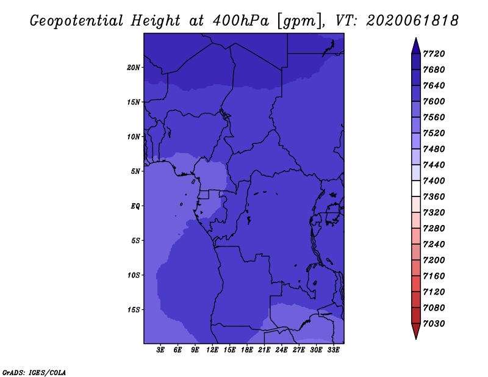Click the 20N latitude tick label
pyautogui.click(x=133, y=68)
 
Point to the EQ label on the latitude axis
pyautogui.click(x=135, y=206)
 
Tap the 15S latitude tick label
pyautogui.click(x=133, y=310)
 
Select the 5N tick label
pyautogui.click(x=135, y=171)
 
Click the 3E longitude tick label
pyautogui.click(x=160, y=350)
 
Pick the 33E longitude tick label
pyautogui.click(x=333, y=350)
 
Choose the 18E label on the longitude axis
pyautogui.click(x=247, y=350)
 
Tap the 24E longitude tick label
pyautogui.click(x=281, y=350)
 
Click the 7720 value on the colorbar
pyautogui.click(x=434, y=54)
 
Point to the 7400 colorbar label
pyautogui.click(x=434, y=181)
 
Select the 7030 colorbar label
pyautogui.click(x=434, y=323)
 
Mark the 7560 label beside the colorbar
pyautogui.click(x=434, y=117)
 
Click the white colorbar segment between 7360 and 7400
pyautogui.click(x=416, y=188)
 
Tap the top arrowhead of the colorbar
pyautogui.click(x=416, y=46)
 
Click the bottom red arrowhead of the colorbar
pyautogui.click(x=416, y=331)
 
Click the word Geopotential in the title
pyautogui.click(x=77, y=21)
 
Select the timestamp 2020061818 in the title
pyautogui.click(x=412, y=21)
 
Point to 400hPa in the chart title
pyautogui.click(x=241, y=21)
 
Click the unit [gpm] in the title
pyautogui.click(x=300, y=21)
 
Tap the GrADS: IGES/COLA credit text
pyautogui.click(x=34, y=372)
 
